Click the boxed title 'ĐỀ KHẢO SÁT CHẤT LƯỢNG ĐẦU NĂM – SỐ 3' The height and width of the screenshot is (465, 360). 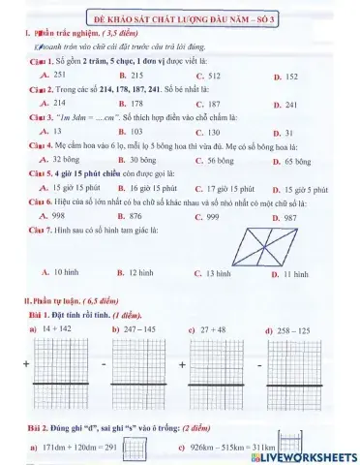[180, 19]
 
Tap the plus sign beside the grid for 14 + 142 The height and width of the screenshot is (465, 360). [26, 365]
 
